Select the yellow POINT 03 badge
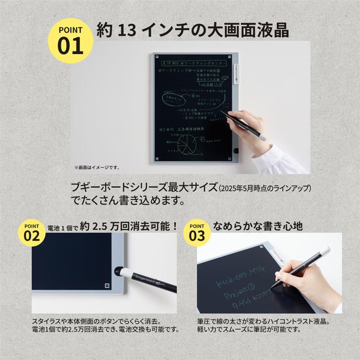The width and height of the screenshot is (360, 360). click(x=197, y=233)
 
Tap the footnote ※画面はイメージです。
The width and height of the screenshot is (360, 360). click(x=96, y=168)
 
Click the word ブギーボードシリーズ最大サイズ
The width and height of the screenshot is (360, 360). click(x=144, y=187)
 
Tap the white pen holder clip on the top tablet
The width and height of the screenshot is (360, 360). click(x=235, y=75)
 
